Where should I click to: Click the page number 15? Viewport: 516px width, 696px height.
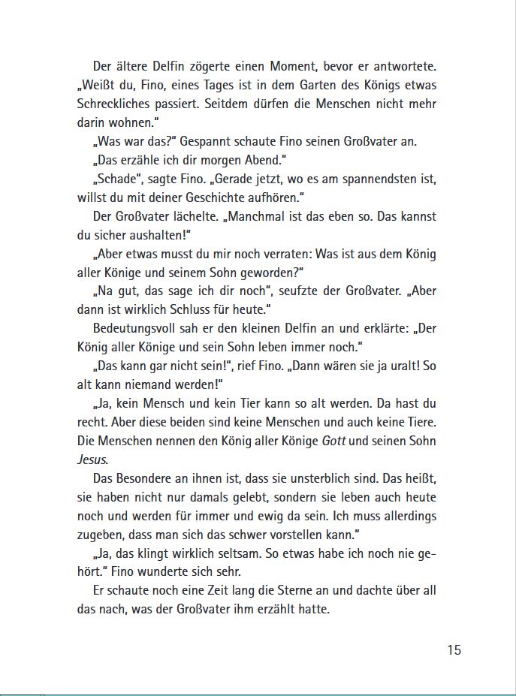454,650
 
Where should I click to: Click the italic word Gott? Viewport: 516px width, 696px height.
333,441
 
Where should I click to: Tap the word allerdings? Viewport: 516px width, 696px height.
404,516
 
